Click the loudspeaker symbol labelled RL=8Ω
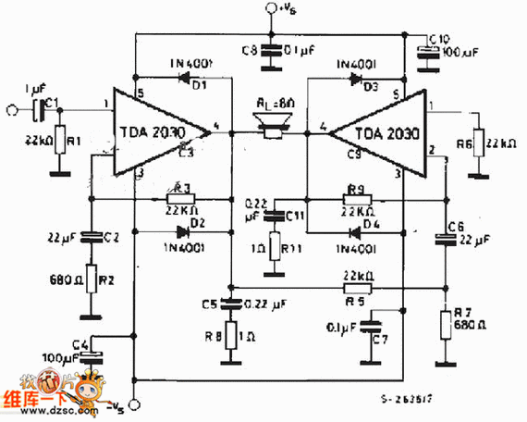point(272,126)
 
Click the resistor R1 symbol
point(60,141)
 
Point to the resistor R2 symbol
point(91,279)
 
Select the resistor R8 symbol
point(232,337)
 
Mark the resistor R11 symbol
point(274,249)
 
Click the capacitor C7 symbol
point(374,327)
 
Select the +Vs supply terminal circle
point(272,10)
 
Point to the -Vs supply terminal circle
point(135,404)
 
